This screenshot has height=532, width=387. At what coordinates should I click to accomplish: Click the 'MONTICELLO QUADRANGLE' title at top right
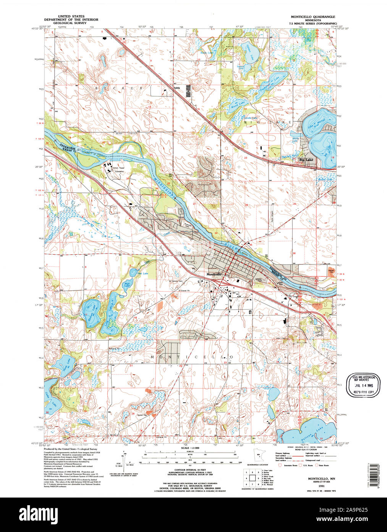[313, 17]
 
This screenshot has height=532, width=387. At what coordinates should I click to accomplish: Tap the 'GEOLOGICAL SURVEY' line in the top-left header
[71, 23]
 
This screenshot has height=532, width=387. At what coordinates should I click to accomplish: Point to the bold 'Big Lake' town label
[306, 160]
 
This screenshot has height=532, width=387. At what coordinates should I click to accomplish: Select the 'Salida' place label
[176, 88]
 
